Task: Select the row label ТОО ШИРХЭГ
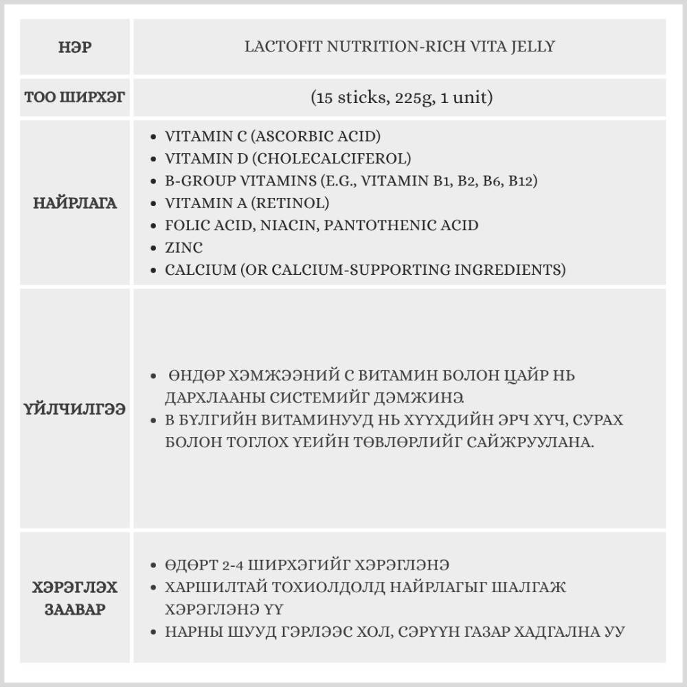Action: pyautogui.click(x=75, y=97)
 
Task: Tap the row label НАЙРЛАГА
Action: pyautogui.click(x=75, y=203)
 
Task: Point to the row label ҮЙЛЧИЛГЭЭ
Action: pyautogui.click(x=75, y=409)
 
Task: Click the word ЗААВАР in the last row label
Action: pyautogui.click(x=75, y=609)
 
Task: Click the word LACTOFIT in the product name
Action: pyautogui.click(x=278, y=47)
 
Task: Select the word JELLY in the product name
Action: pyautogui.click(x=533, y=47)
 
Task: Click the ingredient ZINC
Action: pyautogui.click(x=183, y=247)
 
